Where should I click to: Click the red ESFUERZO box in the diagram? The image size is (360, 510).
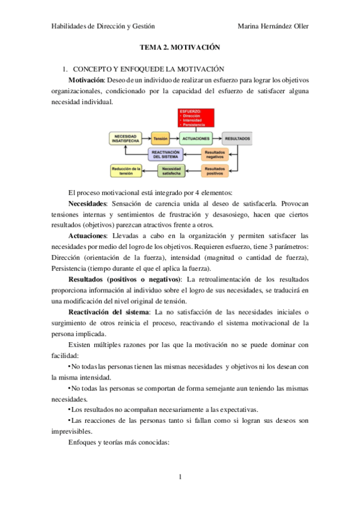(199, 118)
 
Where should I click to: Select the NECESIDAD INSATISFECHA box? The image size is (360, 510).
(127, 139)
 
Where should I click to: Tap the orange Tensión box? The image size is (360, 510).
(160, 139)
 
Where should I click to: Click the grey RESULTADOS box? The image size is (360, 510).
(237, 139)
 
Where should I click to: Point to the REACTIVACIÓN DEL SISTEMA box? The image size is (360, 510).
(165, 155)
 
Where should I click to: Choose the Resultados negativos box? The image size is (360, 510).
(215, 155)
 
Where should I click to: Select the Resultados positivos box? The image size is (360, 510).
(215, 171)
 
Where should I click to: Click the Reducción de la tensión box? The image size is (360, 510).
(127, 171)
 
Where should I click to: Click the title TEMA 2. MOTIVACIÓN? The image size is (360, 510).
(180, 47)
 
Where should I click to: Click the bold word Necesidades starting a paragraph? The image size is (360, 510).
(88, 204)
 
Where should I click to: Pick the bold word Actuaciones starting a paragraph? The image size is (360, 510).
(88, 236)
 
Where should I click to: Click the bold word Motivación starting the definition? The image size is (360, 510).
(87, 80)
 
